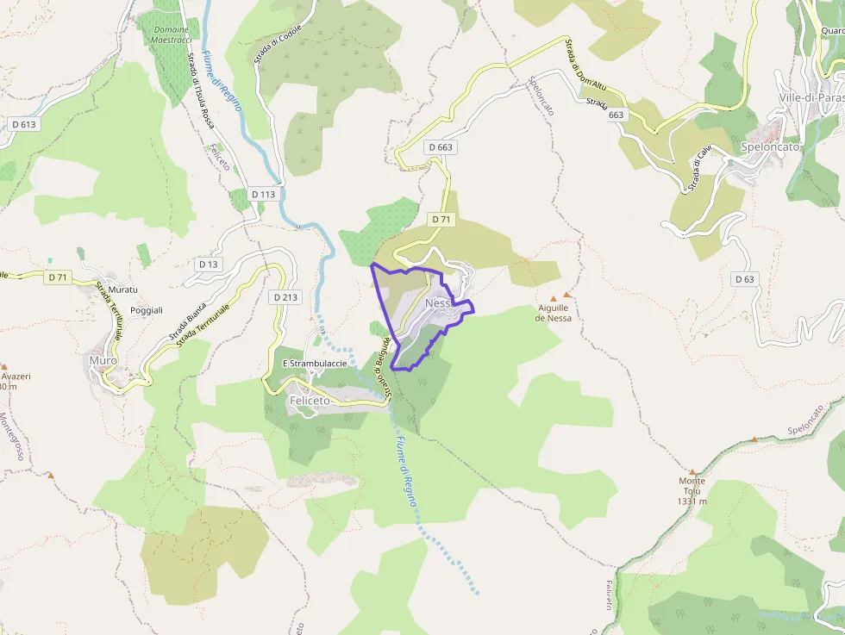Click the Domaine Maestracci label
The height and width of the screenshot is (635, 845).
pos(169,34)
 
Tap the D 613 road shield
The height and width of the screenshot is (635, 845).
pos(25,124)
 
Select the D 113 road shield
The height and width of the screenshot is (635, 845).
pos(263,194)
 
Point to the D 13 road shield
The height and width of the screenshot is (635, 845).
pos(208,264)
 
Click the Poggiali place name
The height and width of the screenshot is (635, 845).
pos(146,310)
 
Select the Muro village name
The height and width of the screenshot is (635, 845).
pos(103,360)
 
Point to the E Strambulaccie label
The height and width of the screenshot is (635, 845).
pos(315,364)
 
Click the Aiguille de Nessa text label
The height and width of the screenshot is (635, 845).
pos(553,312)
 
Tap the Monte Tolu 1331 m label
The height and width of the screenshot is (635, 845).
pos(692,491)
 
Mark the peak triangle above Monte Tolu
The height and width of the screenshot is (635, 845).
pos(692,472)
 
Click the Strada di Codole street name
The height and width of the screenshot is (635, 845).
pos(278,44)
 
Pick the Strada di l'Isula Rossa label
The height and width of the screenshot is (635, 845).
pos(201,91)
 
